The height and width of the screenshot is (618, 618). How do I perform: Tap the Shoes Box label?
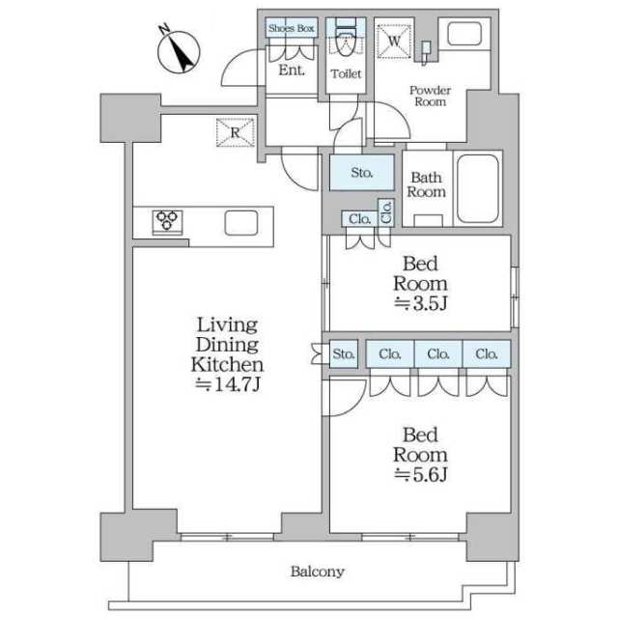pos(292,29)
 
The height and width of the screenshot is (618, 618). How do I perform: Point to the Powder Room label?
pos(430,95)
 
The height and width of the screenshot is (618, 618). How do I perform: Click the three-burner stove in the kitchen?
pos(168,222)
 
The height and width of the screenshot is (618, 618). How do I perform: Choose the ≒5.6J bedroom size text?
pos(420,474)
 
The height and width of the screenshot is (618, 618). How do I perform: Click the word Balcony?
pos(317,572)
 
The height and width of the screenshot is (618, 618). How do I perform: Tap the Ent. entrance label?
pos(292,70)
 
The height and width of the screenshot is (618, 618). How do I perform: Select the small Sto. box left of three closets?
pos(345,353)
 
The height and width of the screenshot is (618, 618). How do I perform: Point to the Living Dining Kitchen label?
pos(227,345)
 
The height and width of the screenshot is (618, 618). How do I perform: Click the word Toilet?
pos(345,73)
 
